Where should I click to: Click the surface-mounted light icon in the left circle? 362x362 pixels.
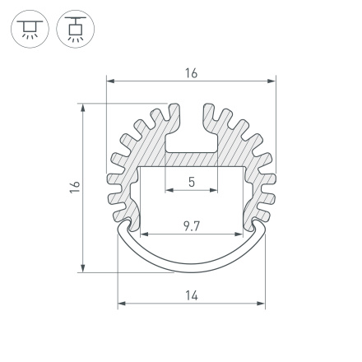tap(30, 30)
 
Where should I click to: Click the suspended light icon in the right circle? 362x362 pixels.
tap(76, 30)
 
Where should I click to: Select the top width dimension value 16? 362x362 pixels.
tap(191, 73)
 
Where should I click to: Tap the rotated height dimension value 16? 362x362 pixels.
tap(75, 187)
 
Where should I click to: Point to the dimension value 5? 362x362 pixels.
tap(191, 182)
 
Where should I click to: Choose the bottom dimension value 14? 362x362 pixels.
tap(191, 295)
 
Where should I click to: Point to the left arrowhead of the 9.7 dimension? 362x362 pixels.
tap(141, 234)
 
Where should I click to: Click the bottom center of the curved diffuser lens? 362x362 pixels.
tap(191, 270)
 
